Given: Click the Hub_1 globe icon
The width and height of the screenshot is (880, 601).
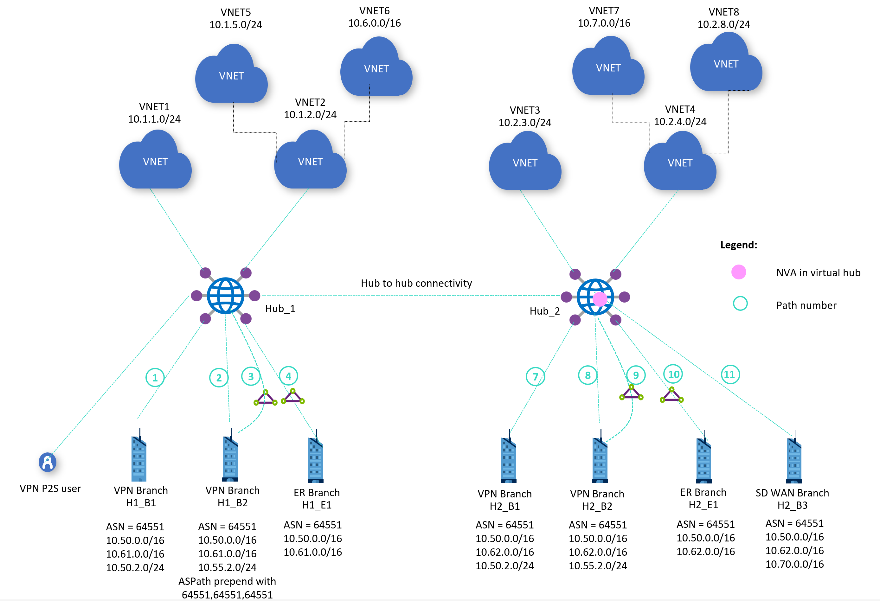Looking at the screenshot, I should (225, 296).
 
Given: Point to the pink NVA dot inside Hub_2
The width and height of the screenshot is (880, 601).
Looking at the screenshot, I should (600, 299).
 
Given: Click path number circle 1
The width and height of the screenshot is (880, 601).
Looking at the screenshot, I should (155, 377).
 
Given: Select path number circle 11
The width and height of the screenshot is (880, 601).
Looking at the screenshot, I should (730, 374).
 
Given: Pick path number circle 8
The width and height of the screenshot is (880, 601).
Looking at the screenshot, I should (588, 375).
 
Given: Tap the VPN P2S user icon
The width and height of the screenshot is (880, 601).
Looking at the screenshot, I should (47, 462).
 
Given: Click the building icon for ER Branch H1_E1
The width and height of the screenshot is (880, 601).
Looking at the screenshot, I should (316, 459).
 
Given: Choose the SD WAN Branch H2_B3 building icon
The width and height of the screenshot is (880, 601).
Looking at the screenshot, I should (794, 459).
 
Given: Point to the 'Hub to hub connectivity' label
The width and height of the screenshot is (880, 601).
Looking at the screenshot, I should (416, 283).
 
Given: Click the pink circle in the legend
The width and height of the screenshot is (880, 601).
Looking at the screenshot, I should (738, 272).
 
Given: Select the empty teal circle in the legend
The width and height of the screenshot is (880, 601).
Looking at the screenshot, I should (740, 303).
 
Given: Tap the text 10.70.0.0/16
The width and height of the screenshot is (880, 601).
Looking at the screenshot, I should (794, 564).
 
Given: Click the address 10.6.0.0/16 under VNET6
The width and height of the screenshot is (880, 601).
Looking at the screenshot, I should (374, 23).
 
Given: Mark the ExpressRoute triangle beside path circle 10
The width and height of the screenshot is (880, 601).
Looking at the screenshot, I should (671, 395).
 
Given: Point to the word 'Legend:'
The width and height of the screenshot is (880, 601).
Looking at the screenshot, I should (738, 245).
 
